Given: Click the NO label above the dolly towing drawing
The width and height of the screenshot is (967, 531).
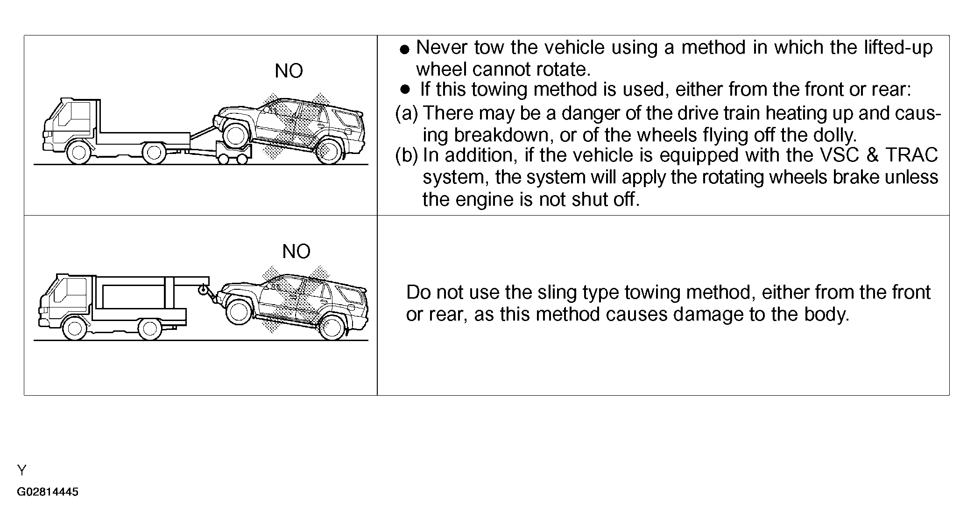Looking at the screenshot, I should pos(289,71).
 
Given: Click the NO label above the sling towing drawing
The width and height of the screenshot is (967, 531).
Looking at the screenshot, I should pos(296,252).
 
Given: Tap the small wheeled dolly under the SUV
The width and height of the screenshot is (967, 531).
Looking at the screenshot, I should pos(233,154).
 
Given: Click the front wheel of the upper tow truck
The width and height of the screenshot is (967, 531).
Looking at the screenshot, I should pos(78,153).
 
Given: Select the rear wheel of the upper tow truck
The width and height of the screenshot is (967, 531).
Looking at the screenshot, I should pos(154,153).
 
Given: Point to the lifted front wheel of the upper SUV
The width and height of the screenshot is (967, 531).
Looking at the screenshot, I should pos(236,133).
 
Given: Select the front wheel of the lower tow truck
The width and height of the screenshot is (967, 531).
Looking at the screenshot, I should pos(75,328).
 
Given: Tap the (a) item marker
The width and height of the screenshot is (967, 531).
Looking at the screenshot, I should pos(407,113).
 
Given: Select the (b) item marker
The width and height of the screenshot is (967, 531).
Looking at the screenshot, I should pos(407,155).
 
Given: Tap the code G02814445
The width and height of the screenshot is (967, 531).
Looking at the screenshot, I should pos(48,492).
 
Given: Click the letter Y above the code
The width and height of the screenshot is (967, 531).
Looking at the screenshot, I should pos(22,470).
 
